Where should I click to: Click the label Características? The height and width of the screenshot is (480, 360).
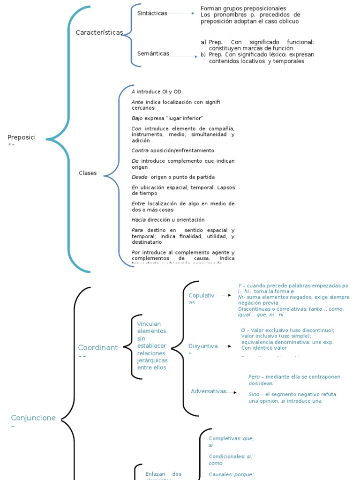coord(99,32)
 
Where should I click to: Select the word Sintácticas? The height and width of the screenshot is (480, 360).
coord(152,13)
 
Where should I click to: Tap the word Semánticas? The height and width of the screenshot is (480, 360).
coord(153,53)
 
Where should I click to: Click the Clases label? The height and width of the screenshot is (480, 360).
coord(88,173)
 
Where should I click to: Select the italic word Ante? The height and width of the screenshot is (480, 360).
coord(137,102)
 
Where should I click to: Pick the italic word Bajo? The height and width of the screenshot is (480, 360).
coord(137,118)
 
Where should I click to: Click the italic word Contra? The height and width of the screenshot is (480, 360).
coord(140,150)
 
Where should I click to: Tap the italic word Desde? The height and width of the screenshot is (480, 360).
coord(140,177)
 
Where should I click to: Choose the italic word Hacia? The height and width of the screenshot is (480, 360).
coord(139,219)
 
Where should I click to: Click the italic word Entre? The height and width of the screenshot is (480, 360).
coord(138,203)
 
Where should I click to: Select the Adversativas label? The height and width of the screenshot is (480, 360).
coord(208,391)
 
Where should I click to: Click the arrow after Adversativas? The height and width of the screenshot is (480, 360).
coord(232,392)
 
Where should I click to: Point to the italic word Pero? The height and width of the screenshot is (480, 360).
coord(254,377)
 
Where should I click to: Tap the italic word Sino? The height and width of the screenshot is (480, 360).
coord(254,394)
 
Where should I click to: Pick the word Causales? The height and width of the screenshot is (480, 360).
coord(220,474)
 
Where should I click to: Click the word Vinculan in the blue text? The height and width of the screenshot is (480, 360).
coord(149,324)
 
